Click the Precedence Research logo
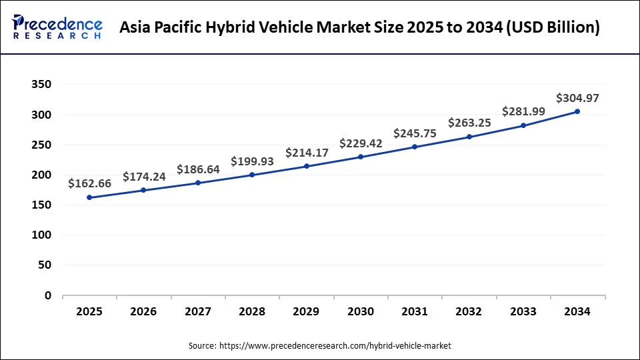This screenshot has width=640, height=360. [x=57, y=27]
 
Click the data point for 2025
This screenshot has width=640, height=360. [x=89, y=197]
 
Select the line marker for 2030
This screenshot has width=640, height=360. [x=361, y=157]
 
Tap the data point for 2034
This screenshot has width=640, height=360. [x=577, y=111]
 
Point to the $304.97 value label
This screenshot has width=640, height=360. [x=577, y=98]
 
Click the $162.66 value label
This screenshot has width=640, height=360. [x=89, y=184]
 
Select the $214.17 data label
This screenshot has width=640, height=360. [x=307, y=153]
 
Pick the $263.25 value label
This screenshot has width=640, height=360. [x=469, y=123]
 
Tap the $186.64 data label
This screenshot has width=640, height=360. [x=198, y=169]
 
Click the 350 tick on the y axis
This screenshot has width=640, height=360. [x=42, y=85]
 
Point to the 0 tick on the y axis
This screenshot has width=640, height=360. [x=48, y=295]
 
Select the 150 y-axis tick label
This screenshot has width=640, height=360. [x=42, y=205]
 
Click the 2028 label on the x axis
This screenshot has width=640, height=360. [x=252, y=311]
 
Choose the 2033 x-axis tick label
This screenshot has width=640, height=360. [x=523, y=311]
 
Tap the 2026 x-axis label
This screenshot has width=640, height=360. [x=143, y=311]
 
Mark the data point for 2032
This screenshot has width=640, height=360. [x=469, y=137]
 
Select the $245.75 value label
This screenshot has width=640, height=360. [x=415, y=133]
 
